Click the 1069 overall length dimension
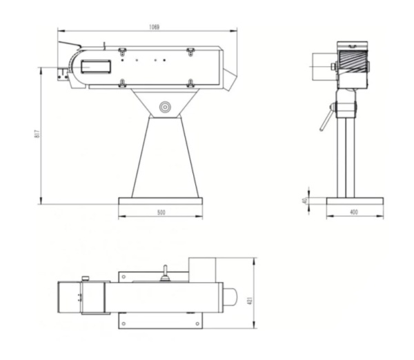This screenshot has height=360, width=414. pyautogui.click(x=153, y=27)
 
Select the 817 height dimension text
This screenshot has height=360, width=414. pyautogui.click(x=36, y=134)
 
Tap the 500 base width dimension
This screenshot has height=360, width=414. pyautogui.click(x=161, y=213)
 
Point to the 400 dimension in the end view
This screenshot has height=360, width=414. pyautogui.click(x=354, y=213)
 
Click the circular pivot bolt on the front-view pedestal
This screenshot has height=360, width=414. pyautogui.click(x=165, y=107)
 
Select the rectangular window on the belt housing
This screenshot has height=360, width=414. pyautogui.click(x=96, y=66)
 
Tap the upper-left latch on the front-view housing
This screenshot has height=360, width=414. pyautogui.click(x=122, y=51)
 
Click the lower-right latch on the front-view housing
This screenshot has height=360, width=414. pyautogui.click(x=190, y=83)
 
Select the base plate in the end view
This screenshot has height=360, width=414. pyautogui.click(x=354, y=202)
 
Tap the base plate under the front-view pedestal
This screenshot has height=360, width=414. pyautogui.click(x=161, y=202)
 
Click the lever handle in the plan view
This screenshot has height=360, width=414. pyautogui.click(x=165, y=274)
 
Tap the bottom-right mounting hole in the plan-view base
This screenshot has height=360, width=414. pyautogui.click(x=198, y=322)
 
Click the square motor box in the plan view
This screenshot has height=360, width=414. pyautogui.click(x=202, y=269)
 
